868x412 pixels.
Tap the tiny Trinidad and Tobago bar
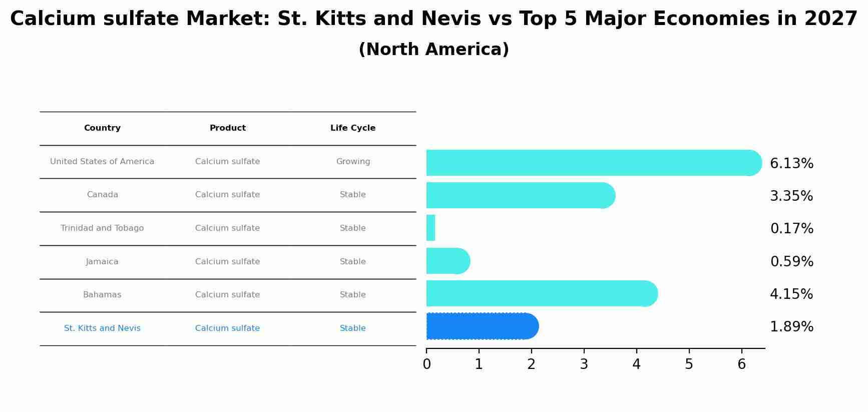(430, 228)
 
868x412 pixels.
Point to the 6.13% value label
(791, 164)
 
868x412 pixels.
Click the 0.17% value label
(791, 229)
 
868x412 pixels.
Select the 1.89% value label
(791, 327)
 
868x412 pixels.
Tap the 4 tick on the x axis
(636, 364)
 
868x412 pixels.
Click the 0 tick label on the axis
(426, 364)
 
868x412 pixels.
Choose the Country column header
(102, 128)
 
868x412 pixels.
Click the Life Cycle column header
(353, 128)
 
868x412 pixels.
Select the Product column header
(227, 128)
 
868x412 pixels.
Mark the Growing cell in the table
(353, 162)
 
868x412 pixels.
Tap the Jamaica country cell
(102, 262)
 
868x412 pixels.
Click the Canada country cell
(102, 195)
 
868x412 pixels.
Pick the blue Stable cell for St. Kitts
(353, 328)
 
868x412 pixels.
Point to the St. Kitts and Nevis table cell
(102, 328)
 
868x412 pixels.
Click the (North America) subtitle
(434, 50)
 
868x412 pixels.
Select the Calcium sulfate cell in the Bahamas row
(227, 295)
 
